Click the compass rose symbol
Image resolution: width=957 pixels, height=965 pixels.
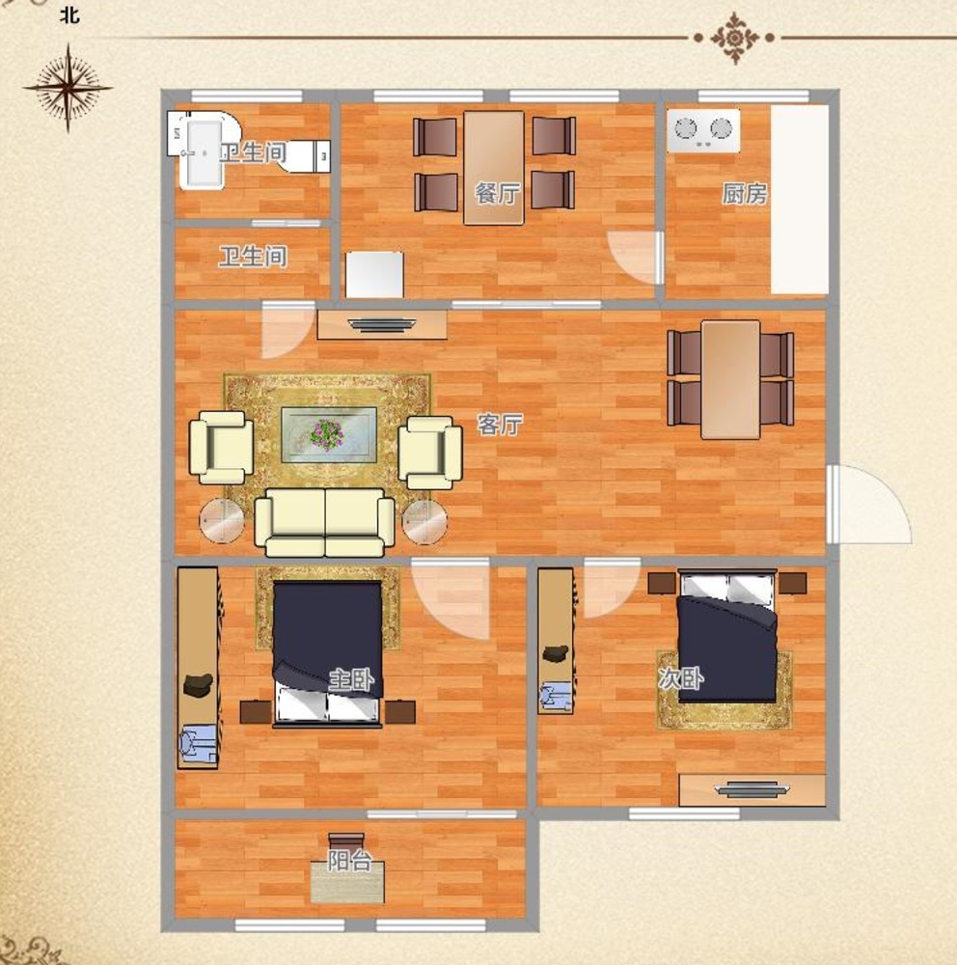point(68,88)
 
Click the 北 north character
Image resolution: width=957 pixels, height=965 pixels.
point(69,14)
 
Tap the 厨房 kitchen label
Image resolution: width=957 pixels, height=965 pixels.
point(745,194)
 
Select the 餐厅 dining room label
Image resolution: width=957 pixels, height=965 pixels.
point(497,194)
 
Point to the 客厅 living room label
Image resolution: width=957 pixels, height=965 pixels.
point(500,425)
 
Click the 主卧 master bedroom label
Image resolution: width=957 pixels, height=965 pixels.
point(351,680)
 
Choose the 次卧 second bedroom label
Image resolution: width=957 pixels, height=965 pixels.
point(681,678)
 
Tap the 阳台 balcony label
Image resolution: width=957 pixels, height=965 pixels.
point(349,861)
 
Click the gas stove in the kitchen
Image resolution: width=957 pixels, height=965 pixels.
point(703,130)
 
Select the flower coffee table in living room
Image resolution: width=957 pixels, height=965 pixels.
point(329,434)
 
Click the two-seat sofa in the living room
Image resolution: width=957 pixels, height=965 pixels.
point(325,522)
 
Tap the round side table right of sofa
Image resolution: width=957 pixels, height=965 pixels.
point(424,522)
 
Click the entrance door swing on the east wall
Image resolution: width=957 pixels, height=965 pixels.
point(868,505)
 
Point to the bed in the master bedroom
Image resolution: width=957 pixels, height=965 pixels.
point(327,653)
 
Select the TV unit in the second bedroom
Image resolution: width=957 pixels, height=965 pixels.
point(752,789)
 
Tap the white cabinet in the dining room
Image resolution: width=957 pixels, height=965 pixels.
point(375,274)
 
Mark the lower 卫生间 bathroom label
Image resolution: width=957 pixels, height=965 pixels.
point(253,257)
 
